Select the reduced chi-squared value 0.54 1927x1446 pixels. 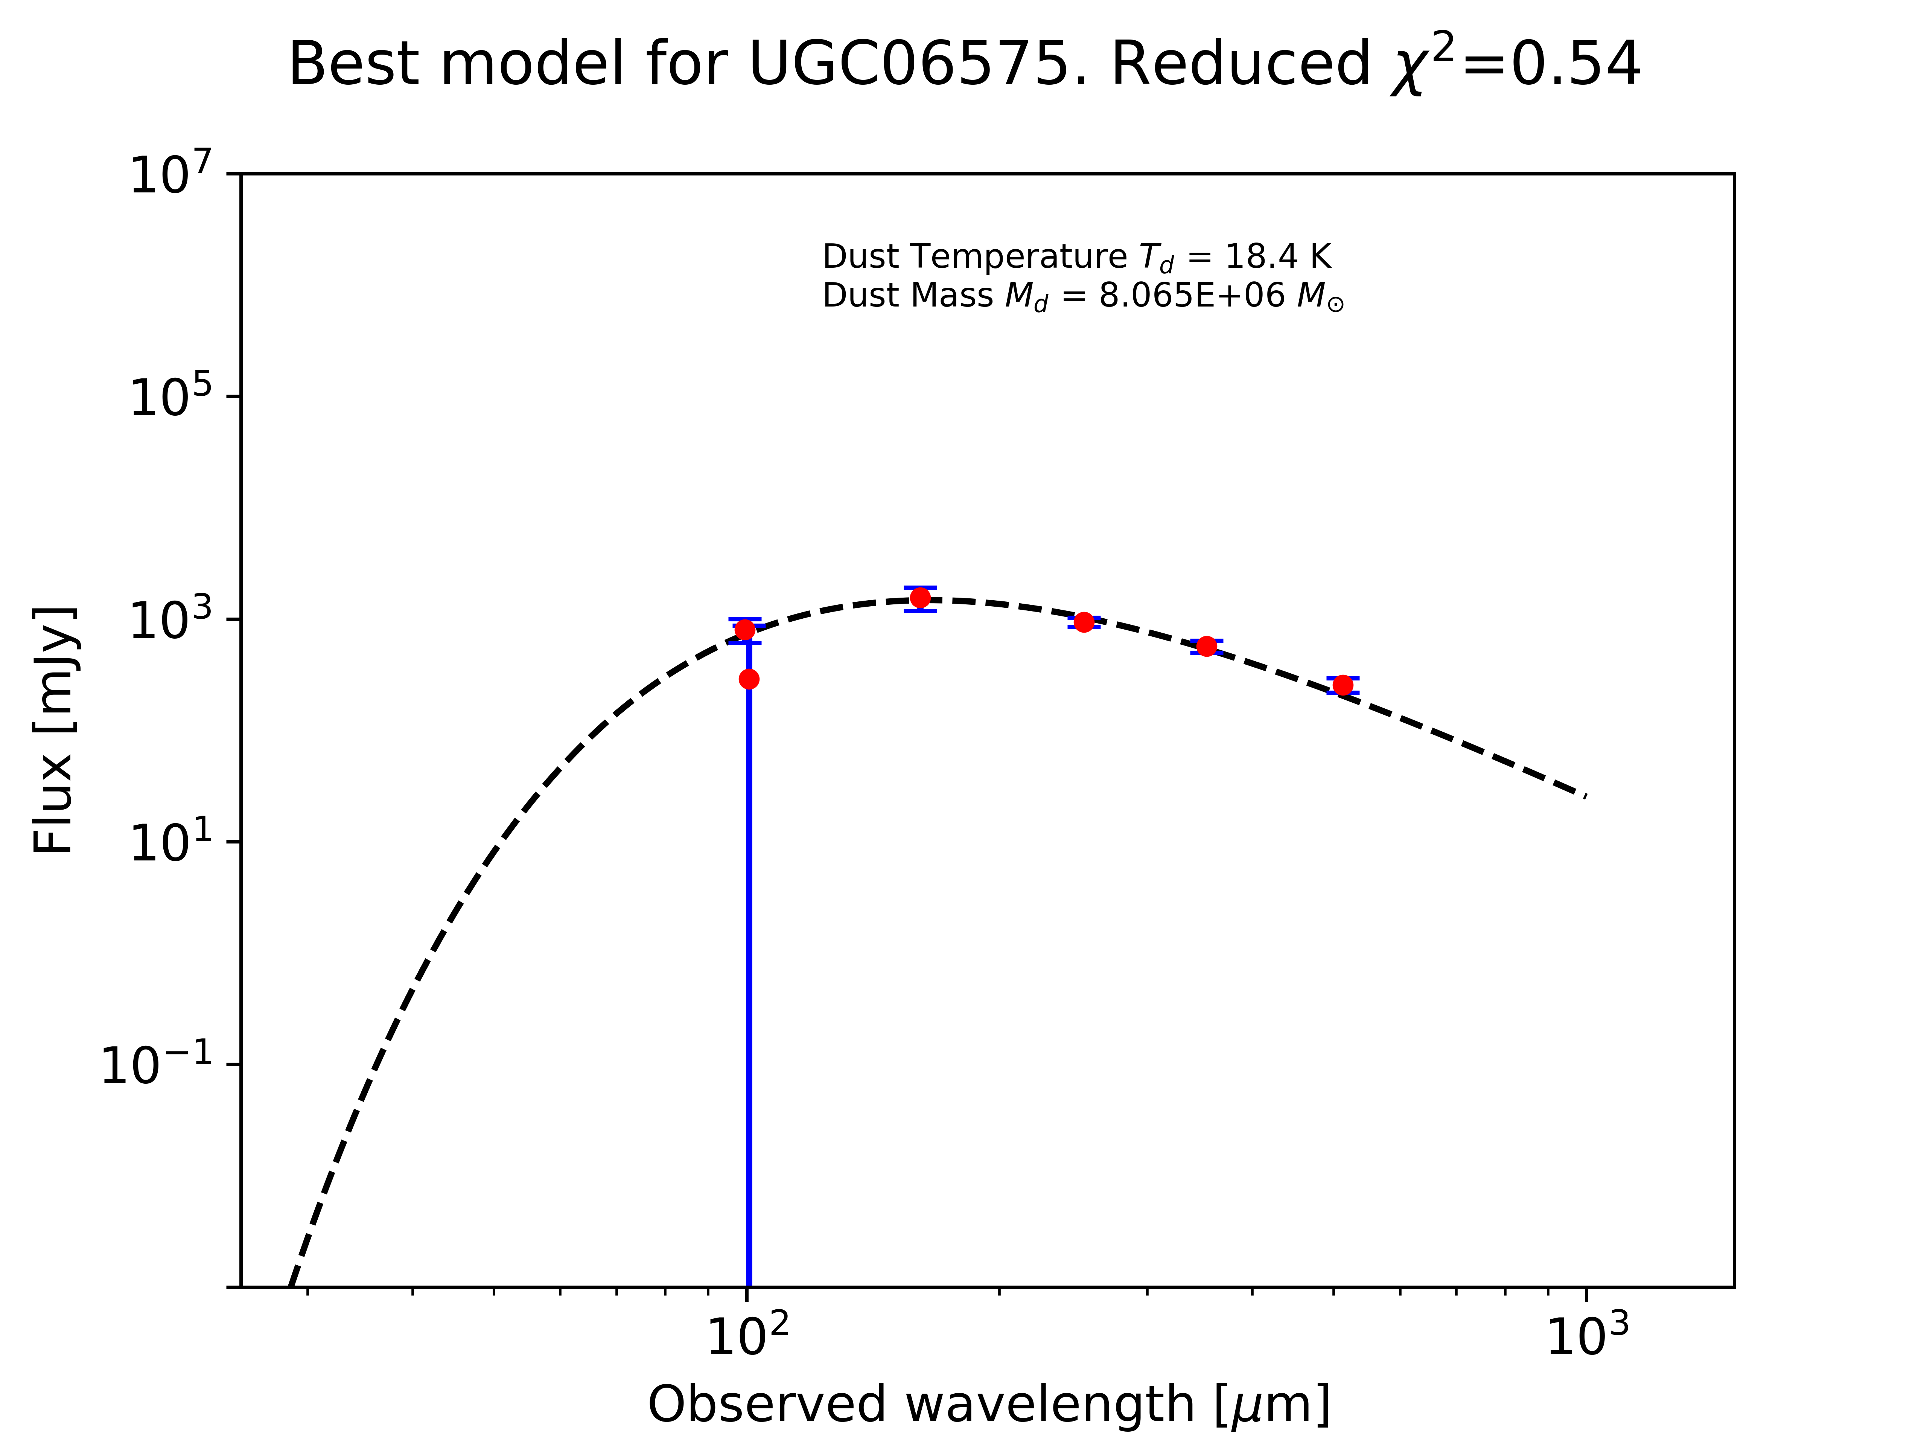point(1575,64)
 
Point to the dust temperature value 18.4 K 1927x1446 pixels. point(1277,257)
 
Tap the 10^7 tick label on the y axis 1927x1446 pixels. point(170,174)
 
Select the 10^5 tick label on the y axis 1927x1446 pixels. point(170,397)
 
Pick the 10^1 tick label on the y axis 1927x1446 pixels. point(170,843)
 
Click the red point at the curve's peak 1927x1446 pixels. point(920,598)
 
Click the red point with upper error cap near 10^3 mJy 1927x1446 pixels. point(745,629)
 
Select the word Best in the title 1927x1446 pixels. point(352,64)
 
